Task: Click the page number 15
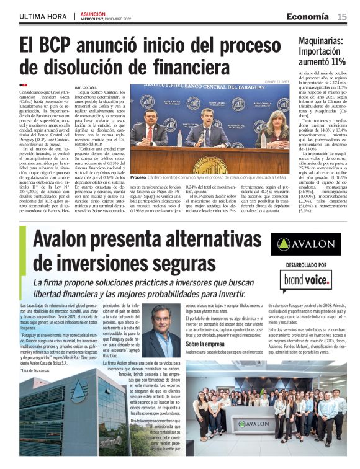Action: [x=342, y=16]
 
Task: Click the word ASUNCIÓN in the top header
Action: [x=93, y=14]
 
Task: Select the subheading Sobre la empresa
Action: [x=205, y=343]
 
